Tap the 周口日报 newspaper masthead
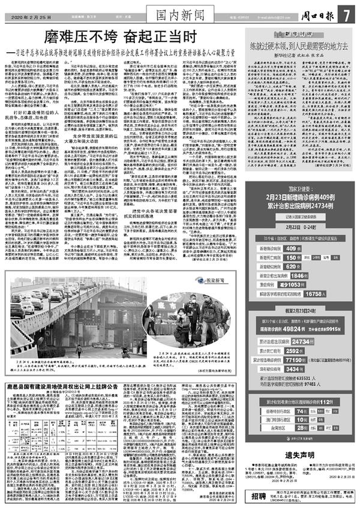(x=316, y=13)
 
